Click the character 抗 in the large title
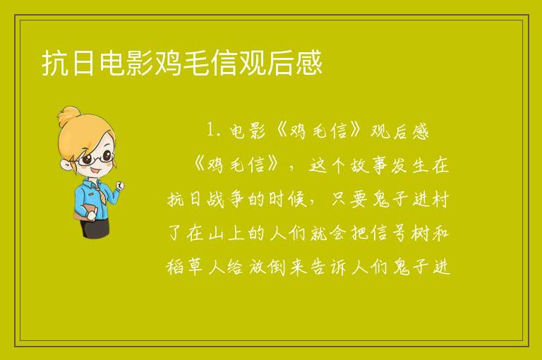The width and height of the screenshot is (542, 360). (x=54, y=63)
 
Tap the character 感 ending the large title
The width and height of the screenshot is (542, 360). (x=309, y=63)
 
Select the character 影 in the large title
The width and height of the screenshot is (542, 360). (x=140, y=63)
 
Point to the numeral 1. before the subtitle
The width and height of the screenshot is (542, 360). (x=213, y=131)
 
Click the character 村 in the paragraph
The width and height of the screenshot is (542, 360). (x=440, y=199)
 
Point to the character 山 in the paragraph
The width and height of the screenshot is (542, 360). (x=217, y=233)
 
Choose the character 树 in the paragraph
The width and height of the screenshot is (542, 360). (x=420, y=233)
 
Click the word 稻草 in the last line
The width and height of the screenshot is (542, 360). (x=184, y=267)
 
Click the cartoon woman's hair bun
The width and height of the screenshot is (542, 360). (x=69, y=116)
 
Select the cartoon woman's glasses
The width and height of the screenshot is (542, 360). (x=95, y=157)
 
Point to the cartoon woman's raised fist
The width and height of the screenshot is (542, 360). (x=119, y=186)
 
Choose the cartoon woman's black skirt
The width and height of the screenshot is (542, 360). (x=95, y=227)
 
